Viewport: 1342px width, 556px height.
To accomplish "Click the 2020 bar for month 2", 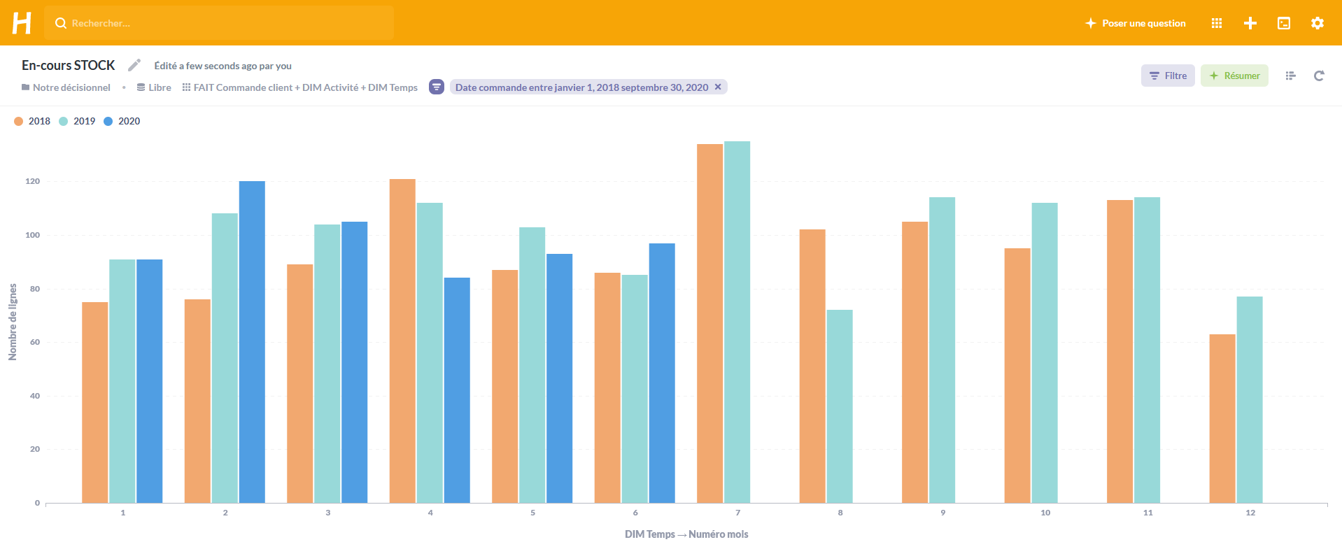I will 252,342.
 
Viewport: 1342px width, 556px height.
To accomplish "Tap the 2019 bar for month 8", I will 840,406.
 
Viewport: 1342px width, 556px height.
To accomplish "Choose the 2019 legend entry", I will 78,121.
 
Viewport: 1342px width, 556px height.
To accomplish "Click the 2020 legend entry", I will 122,121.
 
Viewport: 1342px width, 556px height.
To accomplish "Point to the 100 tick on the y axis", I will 33,235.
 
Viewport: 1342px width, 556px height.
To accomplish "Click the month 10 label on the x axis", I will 1045,513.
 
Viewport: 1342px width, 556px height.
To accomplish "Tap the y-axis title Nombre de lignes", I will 13,322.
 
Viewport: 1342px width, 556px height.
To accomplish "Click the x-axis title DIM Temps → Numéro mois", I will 686,534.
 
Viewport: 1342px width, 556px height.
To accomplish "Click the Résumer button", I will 1234,76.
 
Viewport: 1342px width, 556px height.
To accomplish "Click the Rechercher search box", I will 219,23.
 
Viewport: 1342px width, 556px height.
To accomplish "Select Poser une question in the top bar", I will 1136,23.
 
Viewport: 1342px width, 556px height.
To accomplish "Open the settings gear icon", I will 1318,23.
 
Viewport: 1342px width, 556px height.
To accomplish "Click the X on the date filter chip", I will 718,87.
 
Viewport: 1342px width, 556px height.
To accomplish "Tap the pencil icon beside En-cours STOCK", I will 134,65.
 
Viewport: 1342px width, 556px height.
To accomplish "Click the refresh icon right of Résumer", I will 1319,76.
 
